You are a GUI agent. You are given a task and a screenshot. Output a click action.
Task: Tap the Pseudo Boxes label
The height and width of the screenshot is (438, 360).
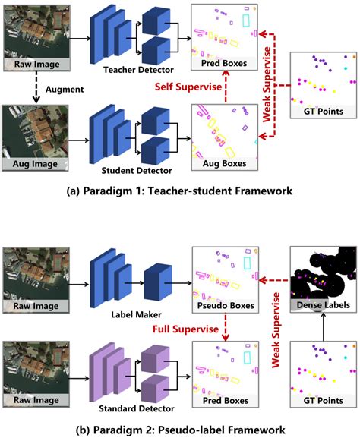point(225,309)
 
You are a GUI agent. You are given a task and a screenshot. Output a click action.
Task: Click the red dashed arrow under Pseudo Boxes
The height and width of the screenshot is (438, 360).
point(225,328)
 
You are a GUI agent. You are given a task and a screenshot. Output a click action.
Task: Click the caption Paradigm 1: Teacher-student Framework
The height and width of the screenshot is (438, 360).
point(180,191)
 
